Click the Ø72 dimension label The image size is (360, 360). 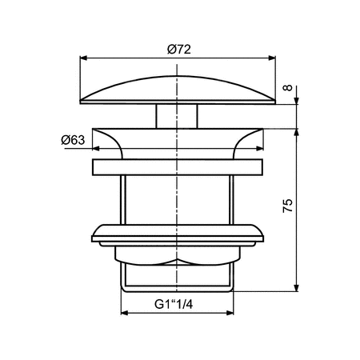pos(178,50)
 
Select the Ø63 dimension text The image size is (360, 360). pos(74,140)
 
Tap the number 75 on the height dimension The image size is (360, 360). pos(289,205)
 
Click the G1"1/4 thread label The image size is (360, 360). pos(178,304)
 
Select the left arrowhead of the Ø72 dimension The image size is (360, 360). pos(86,58)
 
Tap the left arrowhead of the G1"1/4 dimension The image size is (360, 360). pos(125,313)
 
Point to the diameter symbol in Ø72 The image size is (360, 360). pos(170,50)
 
